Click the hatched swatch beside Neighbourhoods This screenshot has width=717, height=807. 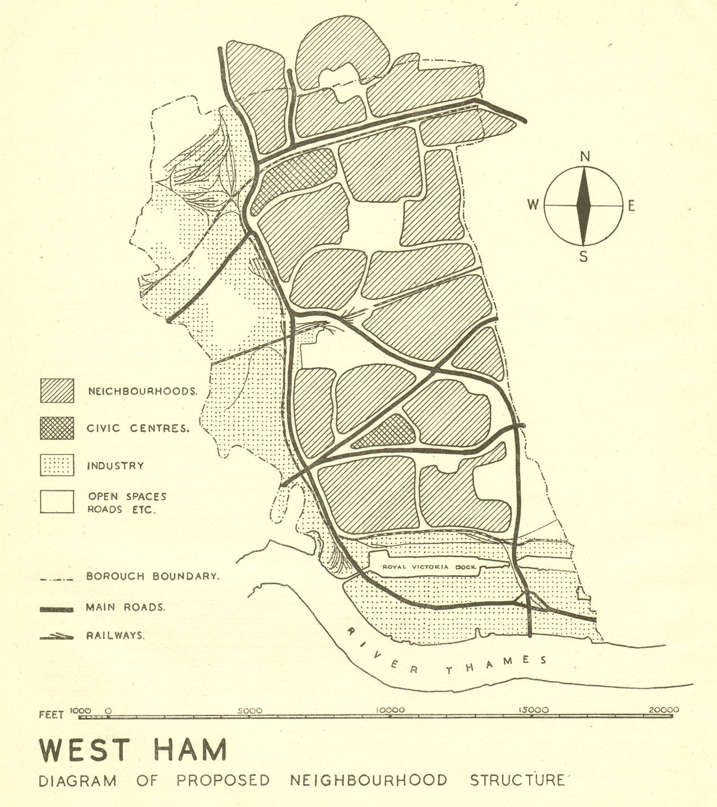click(x=57, y=390)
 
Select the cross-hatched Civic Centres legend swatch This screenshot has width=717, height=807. click(x=57, y=428)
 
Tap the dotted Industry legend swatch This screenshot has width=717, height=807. click(x=57, y=465)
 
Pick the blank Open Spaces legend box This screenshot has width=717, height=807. click(x=57, y=501)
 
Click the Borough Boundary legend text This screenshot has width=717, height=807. click(x=153, y=576)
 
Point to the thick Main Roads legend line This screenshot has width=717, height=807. click(x=56, y=609)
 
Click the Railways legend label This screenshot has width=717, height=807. click(x=115, y=636)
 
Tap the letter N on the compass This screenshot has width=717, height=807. click(x=585, y=157)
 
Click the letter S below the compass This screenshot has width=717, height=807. click(x=583, y=257)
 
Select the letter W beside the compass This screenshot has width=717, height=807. click(x=533, y=205)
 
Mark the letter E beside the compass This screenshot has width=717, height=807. click(x=631, y=206)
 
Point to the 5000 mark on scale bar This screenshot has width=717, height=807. click(x=250, y=710)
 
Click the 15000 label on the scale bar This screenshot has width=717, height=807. click(x=534, y=710)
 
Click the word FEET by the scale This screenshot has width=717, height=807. click(x=51, y=715)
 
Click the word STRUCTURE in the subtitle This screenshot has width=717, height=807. click(x=517, y=780)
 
